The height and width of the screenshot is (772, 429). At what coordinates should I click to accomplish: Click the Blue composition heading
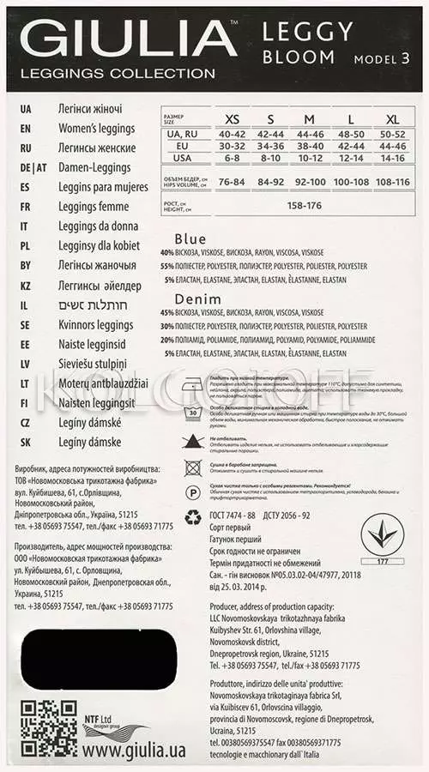[190, 238]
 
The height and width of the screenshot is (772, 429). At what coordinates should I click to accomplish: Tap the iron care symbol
[193, 383]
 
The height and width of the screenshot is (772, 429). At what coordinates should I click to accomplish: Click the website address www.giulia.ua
[132, 749]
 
